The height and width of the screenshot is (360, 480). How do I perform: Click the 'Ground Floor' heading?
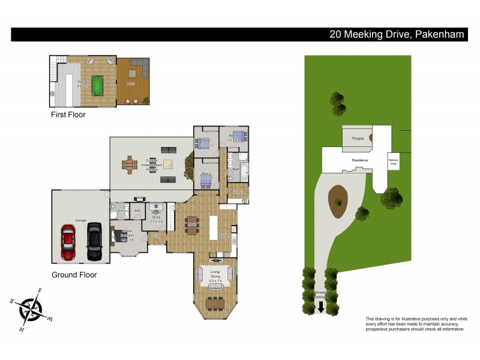[74, 275]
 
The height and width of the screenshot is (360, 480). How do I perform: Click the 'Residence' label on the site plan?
[359, 160]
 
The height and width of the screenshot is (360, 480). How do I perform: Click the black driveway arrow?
[321, 307]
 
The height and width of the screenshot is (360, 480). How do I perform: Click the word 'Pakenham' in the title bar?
[439, 34]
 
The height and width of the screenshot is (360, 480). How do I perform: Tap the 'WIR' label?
[137, 211]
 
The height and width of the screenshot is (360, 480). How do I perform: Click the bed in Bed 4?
[236, 137]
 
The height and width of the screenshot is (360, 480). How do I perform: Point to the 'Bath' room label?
[236, 169]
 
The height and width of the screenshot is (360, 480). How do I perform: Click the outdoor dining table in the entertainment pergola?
[131, 164]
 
